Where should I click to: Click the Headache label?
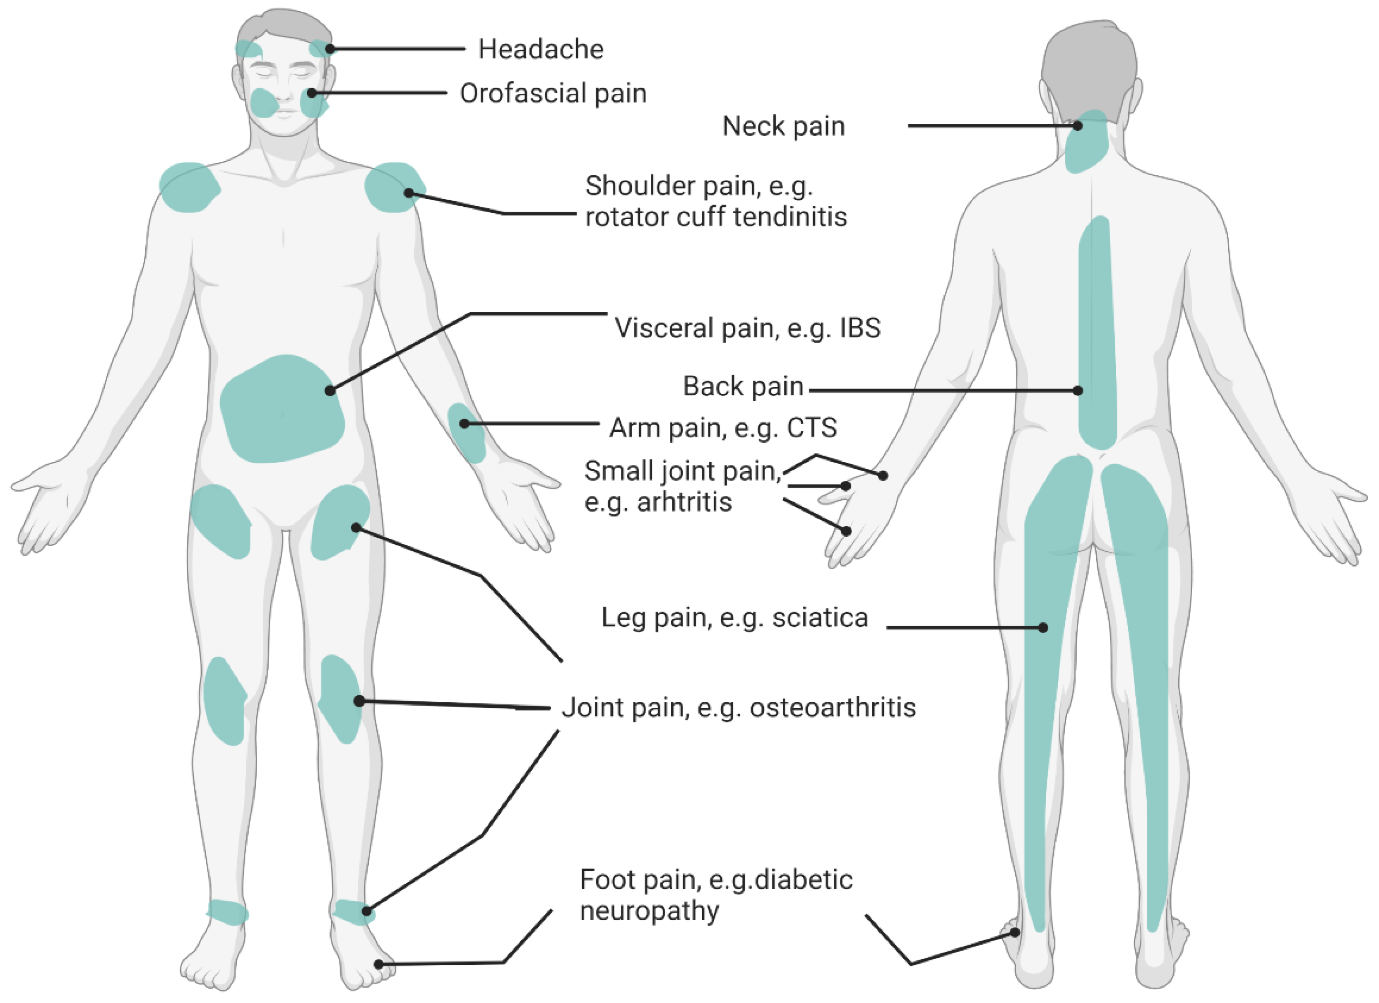coord(541,49)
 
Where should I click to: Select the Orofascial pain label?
coord(553,94)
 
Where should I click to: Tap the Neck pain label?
coord(783,127)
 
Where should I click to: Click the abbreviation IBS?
coord(860,328)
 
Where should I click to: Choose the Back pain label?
coord(743,386)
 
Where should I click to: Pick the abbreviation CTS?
coord(812,428)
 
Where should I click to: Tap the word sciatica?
coord(820,618)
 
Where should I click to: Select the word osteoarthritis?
coord(833,707)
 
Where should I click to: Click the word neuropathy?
coord(650,911)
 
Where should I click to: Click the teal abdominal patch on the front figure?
coord(282,409)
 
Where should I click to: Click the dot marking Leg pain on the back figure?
coord(1043,627)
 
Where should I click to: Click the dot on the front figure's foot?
coord(378,964)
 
